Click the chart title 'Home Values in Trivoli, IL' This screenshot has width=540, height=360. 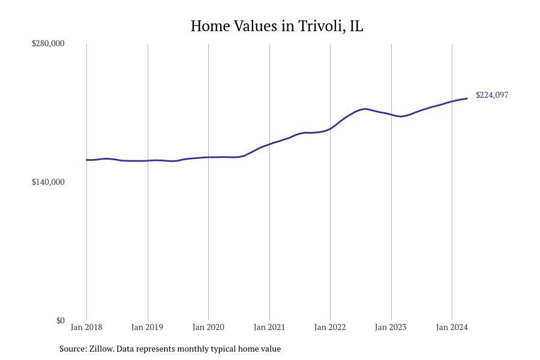277,26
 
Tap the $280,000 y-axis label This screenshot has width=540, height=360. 48,43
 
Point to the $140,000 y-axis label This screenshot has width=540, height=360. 48,182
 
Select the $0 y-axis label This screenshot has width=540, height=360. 60,320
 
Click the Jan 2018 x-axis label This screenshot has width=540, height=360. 86,327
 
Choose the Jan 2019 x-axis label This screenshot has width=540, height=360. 147,327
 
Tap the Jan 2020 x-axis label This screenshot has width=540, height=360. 208,327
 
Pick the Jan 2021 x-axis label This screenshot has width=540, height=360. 269,327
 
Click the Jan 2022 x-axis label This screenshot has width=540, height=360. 330,327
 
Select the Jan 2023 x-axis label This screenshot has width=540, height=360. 391,327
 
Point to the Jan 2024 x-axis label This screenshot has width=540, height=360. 452,327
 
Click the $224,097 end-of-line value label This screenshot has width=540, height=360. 492,95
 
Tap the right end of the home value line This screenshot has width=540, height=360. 467,98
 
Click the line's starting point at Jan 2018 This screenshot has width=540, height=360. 86,160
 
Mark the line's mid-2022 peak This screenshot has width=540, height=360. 365,109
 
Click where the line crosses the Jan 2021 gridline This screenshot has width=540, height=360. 269,144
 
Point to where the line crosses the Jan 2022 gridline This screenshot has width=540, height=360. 330,128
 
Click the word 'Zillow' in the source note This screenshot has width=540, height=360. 101,349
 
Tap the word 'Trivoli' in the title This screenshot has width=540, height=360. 321,26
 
